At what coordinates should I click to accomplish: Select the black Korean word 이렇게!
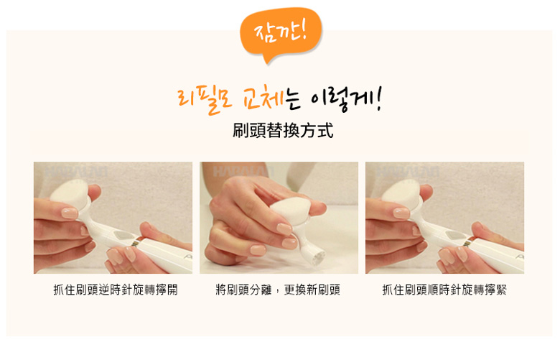click(x=346, y=99)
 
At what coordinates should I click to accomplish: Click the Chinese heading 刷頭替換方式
click(x=283, y=131)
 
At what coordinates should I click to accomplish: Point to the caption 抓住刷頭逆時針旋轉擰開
click(x=116, y=290)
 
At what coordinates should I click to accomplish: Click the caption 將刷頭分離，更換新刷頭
click(x=278, y=290)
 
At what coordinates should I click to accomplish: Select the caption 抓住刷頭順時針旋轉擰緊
click(x=444, y=290)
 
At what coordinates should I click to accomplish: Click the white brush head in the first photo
click(x=70, y=194)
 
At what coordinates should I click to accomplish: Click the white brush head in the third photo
click(x=401, y=194)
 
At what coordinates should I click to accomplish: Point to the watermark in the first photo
click(x=76, y=172)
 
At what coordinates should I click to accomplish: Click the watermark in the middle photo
click(x=242, y=172)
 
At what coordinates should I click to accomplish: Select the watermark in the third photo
click(x=408, y=172)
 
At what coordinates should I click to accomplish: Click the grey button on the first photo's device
click(x=123, y=236)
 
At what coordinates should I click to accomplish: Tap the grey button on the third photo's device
click(x=455, y=236)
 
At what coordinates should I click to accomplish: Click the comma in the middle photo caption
click(x=278, y=292)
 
